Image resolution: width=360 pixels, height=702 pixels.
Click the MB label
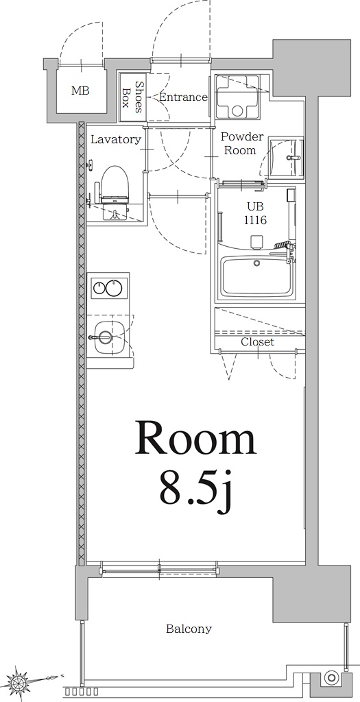point(80,90)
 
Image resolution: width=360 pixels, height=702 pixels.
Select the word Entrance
point(183,97)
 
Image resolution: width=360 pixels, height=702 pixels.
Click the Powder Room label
point(241,143)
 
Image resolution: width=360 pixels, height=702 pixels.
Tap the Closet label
point(257,341)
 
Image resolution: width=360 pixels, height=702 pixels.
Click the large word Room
point(195,439)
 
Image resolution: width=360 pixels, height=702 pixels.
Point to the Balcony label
point(189,629)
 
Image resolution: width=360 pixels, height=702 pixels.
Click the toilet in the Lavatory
point(115,189)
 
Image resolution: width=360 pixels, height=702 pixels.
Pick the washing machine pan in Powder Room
point(237,98)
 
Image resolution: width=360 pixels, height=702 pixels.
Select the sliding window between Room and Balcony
point(160,568)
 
